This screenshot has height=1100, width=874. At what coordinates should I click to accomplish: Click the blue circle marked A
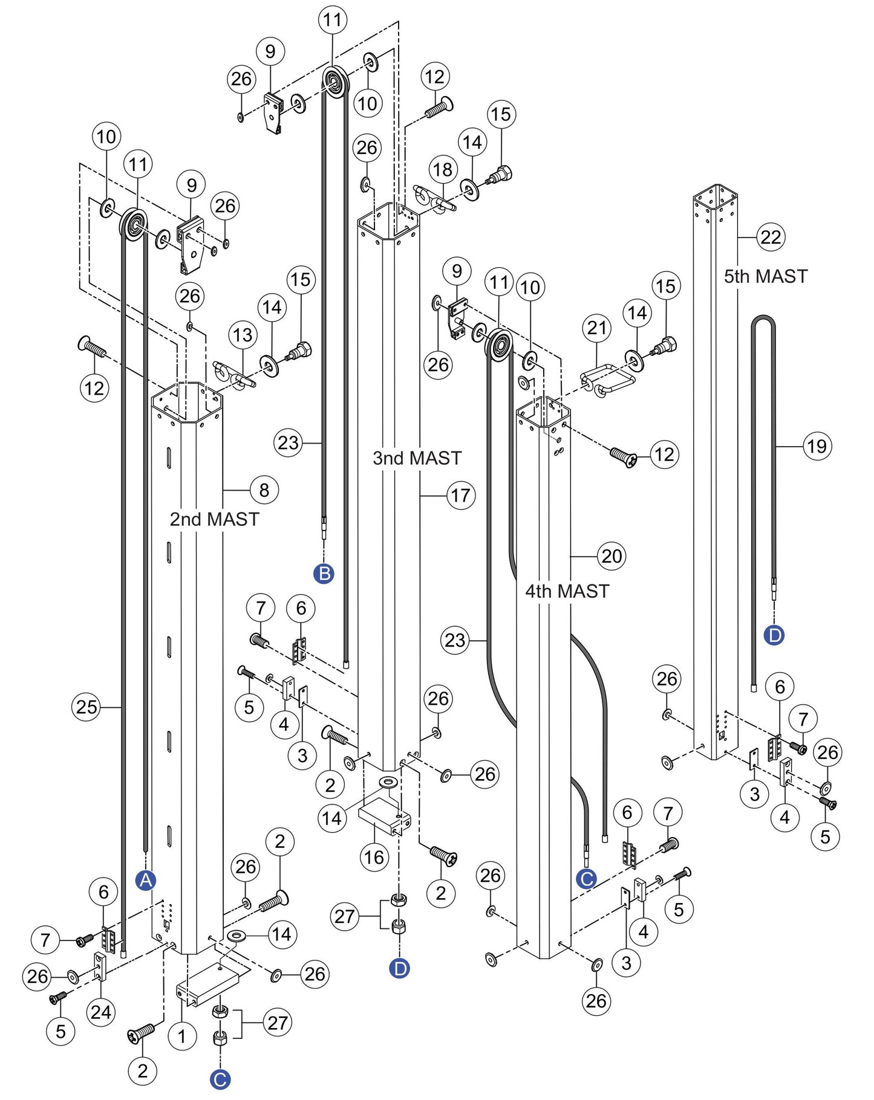146,881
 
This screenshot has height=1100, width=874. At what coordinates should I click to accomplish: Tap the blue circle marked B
324,573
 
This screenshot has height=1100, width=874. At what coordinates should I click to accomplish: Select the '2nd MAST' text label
214,519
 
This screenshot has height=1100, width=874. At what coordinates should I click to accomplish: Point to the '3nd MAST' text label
417,458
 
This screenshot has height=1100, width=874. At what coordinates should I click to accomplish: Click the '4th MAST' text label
567,591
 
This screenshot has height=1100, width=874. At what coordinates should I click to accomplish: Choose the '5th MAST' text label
766,276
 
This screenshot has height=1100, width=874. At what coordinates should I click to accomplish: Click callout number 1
182,1037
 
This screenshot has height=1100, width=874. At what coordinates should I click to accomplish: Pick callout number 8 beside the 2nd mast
264,490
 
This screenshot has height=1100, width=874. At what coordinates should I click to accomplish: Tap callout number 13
243,334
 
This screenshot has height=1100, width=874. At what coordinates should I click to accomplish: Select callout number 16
374,856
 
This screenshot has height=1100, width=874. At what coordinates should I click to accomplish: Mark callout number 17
461,496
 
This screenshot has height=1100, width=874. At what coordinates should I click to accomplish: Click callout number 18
443,169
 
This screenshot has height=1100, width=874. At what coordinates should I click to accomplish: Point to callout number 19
817,446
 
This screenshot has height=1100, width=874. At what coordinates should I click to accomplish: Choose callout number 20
611,555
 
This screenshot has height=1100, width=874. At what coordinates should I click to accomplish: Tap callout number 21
597,328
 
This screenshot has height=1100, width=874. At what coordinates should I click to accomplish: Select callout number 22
771,237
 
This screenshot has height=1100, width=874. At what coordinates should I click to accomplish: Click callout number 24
101,1012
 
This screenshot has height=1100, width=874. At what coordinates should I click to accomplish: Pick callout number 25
86,707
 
